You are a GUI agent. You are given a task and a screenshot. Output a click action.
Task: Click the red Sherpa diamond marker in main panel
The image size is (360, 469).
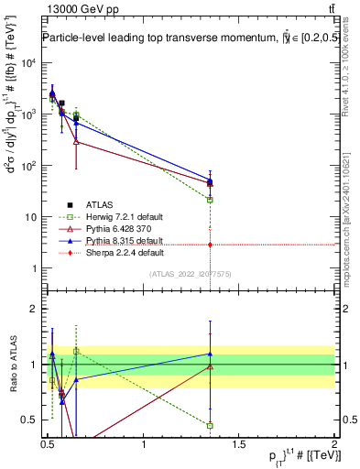[211, 245]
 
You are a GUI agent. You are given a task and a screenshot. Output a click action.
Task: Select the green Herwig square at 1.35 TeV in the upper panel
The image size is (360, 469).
[211, 200]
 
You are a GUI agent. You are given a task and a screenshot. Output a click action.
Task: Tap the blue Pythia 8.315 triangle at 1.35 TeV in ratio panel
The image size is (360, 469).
[211, 354]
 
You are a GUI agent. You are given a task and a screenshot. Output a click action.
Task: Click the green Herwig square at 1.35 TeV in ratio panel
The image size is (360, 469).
[211, 425]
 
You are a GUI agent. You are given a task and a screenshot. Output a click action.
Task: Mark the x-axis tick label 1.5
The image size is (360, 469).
[240, 444]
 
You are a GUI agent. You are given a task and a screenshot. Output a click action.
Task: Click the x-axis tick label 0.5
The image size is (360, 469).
[49, 444]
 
